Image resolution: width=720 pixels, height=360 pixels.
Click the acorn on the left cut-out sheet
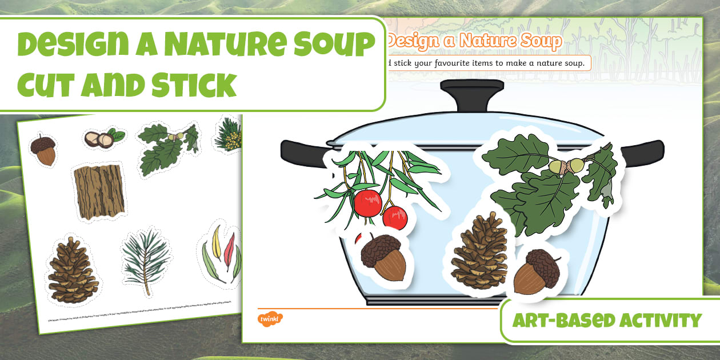click(x=43, y=150)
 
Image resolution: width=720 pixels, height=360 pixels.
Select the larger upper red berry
click(x=367, y=202)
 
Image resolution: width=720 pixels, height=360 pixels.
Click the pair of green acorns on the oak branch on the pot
click(x=567, y=166)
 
